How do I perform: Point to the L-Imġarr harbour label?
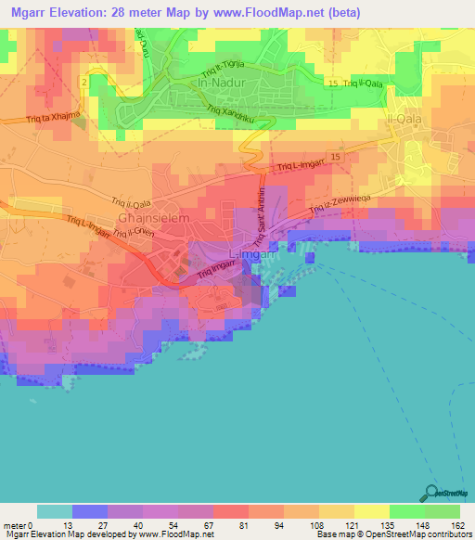click(x=250, y=254)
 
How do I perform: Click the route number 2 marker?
click(x=83, y=84)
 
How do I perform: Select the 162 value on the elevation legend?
click(x=458, y=525)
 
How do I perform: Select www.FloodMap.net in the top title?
click(x=260, y=13)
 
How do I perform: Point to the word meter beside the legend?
click(x=14, y=525)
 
